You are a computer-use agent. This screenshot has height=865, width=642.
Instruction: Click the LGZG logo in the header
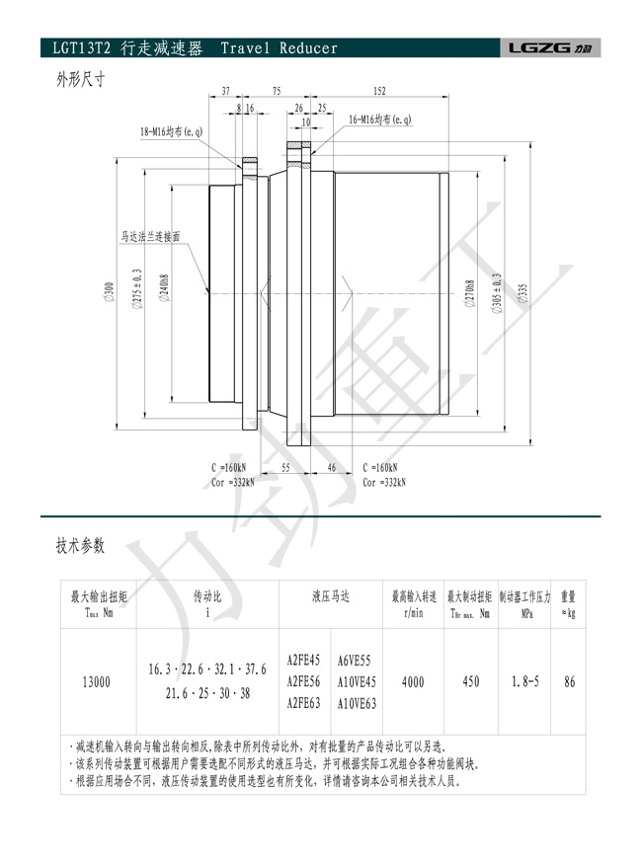click(x=550, y=48)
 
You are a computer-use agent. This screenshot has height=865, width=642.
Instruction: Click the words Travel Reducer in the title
click(x=280, y=48)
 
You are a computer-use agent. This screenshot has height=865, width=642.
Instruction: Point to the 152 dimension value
click(x=379, y=91)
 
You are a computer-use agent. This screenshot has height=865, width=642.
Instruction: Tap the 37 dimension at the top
click(x=226, y=91)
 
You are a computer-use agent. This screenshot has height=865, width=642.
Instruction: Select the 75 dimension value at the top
click(x=277, y=91)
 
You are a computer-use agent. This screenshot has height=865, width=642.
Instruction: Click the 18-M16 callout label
click(x=171, y=132)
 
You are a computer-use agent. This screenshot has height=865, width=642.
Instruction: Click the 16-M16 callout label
click(x=380, y=119)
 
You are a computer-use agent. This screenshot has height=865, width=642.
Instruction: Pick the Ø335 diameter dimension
click(x=522, y=293)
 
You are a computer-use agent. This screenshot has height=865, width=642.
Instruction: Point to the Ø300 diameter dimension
click(x=109, y=292)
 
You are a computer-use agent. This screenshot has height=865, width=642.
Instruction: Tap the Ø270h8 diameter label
click(x=470, y=293)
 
